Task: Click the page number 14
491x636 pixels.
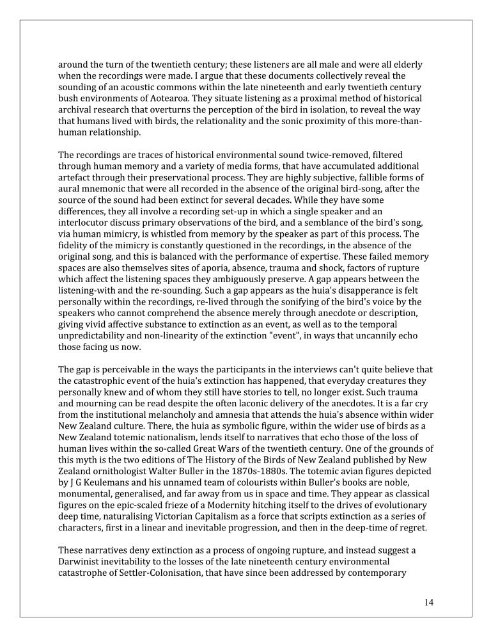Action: [x=428, y=602]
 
